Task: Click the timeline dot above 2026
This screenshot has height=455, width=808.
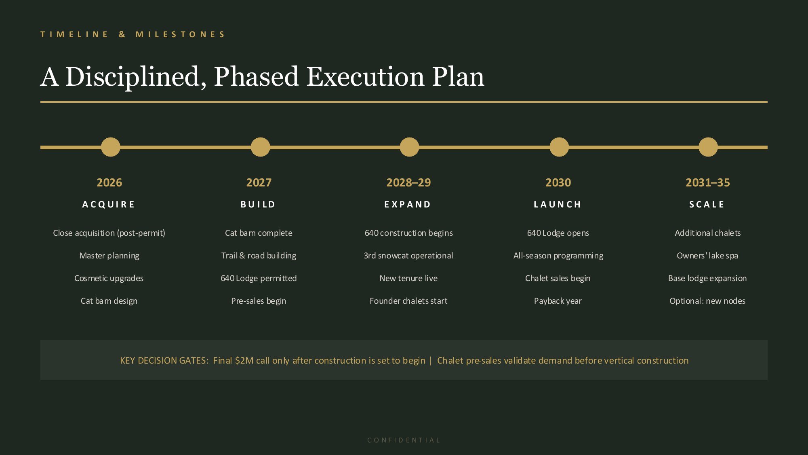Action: coord(111,147)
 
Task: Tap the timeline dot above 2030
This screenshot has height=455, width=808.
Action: coord(559,147)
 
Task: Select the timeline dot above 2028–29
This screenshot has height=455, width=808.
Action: coord(409,147)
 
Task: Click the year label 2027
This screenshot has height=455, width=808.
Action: coord(259,182)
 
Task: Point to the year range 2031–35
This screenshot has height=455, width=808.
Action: coord(708,182)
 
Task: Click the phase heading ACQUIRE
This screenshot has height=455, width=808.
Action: coord(109,204)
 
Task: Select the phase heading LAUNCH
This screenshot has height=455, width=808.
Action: coord(558,204)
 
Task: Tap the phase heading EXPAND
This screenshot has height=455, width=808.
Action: coord(408,204)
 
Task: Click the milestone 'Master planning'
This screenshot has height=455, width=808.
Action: coord(109,256)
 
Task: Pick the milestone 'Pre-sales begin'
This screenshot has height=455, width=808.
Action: coord(259,301)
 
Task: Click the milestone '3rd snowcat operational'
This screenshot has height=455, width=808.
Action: coord(408,256)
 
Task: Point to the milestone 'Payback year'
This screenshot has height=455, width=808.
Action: coord(558,301)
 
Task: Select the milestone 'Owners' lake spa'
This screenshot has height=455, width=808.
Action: coord(707,256)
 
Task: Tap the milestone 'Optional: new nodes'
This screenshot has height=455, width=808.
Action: coord(707,301)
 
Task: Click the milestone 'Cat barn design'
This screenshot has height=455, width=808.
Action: coord(109,301)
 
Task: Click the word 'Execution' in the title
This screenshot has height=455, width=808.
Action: coord(365,76)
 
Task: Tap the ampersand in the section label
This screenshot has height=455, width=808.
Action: coord(122,34)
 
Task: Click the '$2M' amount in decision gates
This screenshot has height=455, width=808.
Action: coord(244,360)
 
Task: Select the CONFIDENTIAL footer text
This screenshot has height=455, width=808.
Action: coord(404,440)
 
